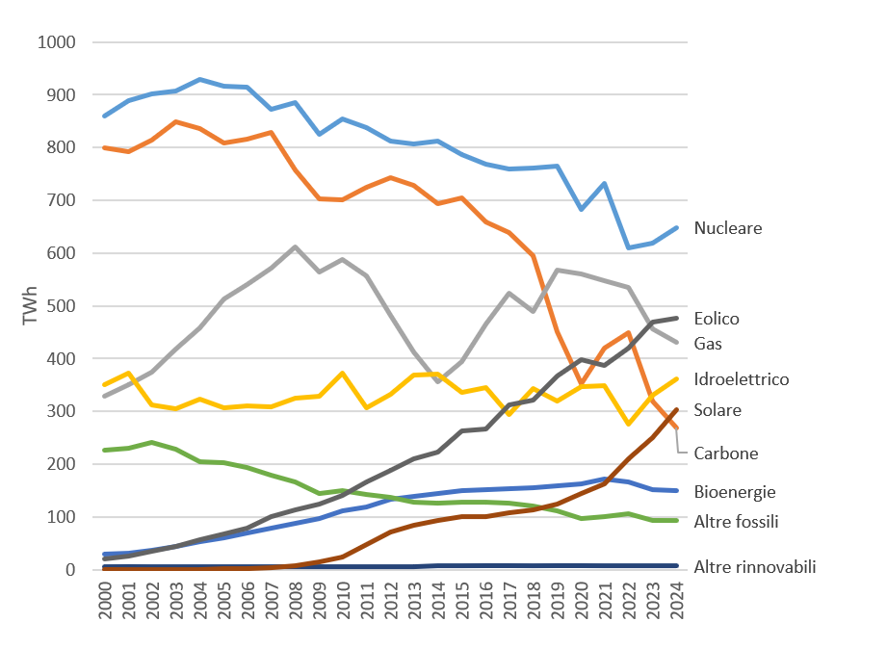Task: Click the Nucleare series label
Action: tap(727, 228)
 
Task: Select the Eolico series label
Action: tap(716, 319)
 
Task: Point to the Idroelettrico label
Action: tap(741, 379)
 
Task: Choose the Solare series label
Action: tap(717, 410)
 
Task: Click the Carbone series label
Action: tap(725, 454)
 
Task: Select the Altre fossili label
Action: tap(736, 522)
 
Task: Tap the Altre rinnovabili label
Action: tap(754, 567)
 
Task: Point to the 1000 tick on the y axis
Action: tap(57, 42)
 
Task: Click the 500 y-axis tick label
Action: tap(61, 306)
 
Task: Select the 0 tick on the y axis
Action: tap(70, 570)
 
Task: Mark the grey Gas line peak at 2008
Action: tap(296, 246)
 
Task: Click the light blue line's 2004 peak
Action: tap(200, 79)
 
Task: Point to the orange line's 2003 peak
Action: tap(176, 121)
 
